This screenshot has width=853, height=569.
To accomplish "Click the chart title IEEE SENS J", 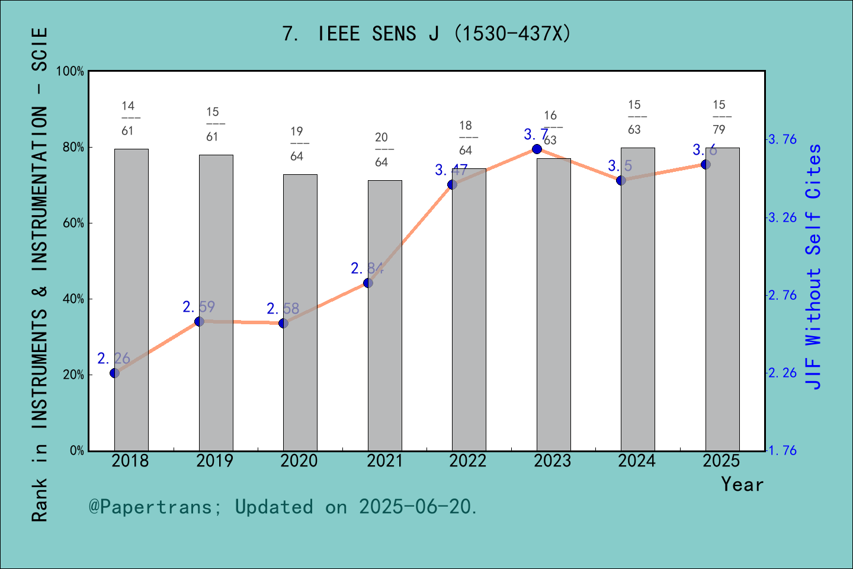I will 426,34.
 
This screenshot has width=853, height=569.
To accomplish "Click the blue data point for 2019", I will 200,321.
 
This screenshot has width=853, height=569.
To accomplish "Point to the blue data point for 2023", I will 537,149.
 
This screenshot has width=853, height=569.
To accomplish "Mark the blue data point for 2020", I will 283,323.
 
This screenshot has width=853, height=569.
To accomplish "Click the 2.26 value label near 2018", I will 114,359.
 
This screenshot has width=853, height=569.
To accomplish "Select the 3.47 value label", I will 451,171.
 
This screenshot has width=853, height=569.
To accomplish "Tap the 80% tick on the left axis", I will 73,147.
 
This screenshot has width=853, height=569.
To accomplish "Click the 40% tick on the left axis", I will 73,299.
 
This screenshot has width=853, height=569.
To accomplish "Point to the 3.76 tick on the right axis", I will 783,140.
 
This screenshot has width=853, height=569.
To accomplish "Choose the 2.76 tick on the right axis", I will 783,295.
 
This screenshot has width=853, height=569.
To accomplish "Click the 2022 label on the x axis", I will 468,461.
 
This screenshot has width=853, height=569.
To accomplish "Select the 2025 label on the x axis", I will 721,461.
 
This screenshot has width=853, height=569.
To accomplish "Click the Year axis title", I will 742,485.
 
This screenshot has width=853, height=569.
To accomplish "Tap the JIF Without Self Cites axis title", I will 814,267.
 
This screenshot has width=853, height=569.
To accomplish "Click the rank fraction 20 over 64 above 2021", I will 381,149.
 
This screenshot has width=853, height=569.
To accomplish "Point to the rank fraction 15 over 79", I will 719,117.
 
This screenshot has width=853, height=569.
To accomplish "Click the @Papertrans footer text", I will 283,507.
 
